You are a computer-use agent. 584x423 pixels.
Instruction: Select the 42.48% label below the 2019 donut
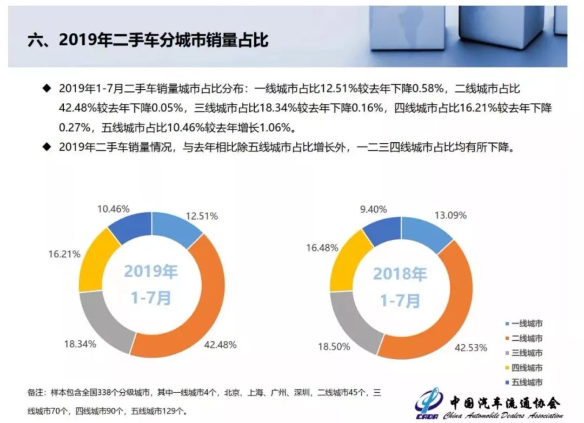click(x=221, y=344)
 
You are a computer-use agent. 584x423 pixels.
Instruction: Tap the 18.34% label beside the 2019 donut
click(x=82, y=344)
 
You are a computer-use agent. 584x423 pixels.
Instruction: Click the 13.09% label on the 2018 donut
click(x=452, y=215)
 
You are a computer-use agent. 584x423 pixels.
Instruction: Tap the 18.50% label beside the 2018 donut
click(x=333, y=347)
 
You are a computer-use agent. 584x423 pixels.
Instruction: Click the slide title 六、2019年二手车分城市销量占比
click(x=148, y=39)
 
